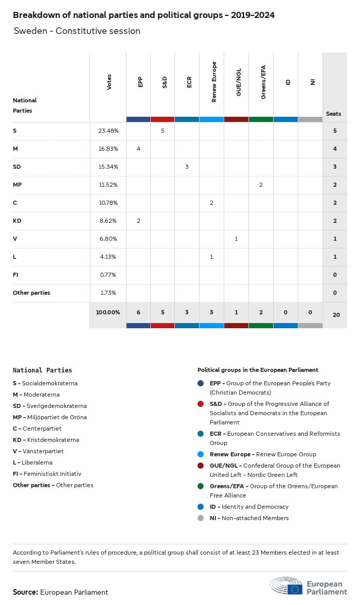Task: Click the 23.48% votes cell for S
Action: point(108,131)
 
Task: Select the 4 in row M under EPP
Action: point(138,149)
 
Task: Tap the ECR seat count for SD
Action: point(187,167)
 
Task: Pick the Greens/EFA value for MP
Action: point(261,185)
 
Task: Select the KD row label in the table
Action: point(17,221)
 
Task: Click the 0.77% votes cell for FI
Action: point(108,275)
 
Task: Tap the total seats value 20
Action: point(336,314)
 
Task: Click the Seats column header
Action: point(333,114)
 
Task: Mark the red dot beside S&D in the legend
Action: point(201,404)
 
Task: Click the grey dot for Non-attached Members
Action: point(201,519)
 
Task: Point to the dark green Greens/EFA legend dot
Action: point(201,487)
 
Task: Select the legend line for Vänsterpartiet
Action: point(39,452)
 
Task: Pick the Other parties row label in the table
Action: point(31,293)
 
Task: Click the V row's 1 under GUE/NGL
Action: point(236,239)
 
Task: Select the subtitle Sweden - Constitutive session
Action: point(77,31)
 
